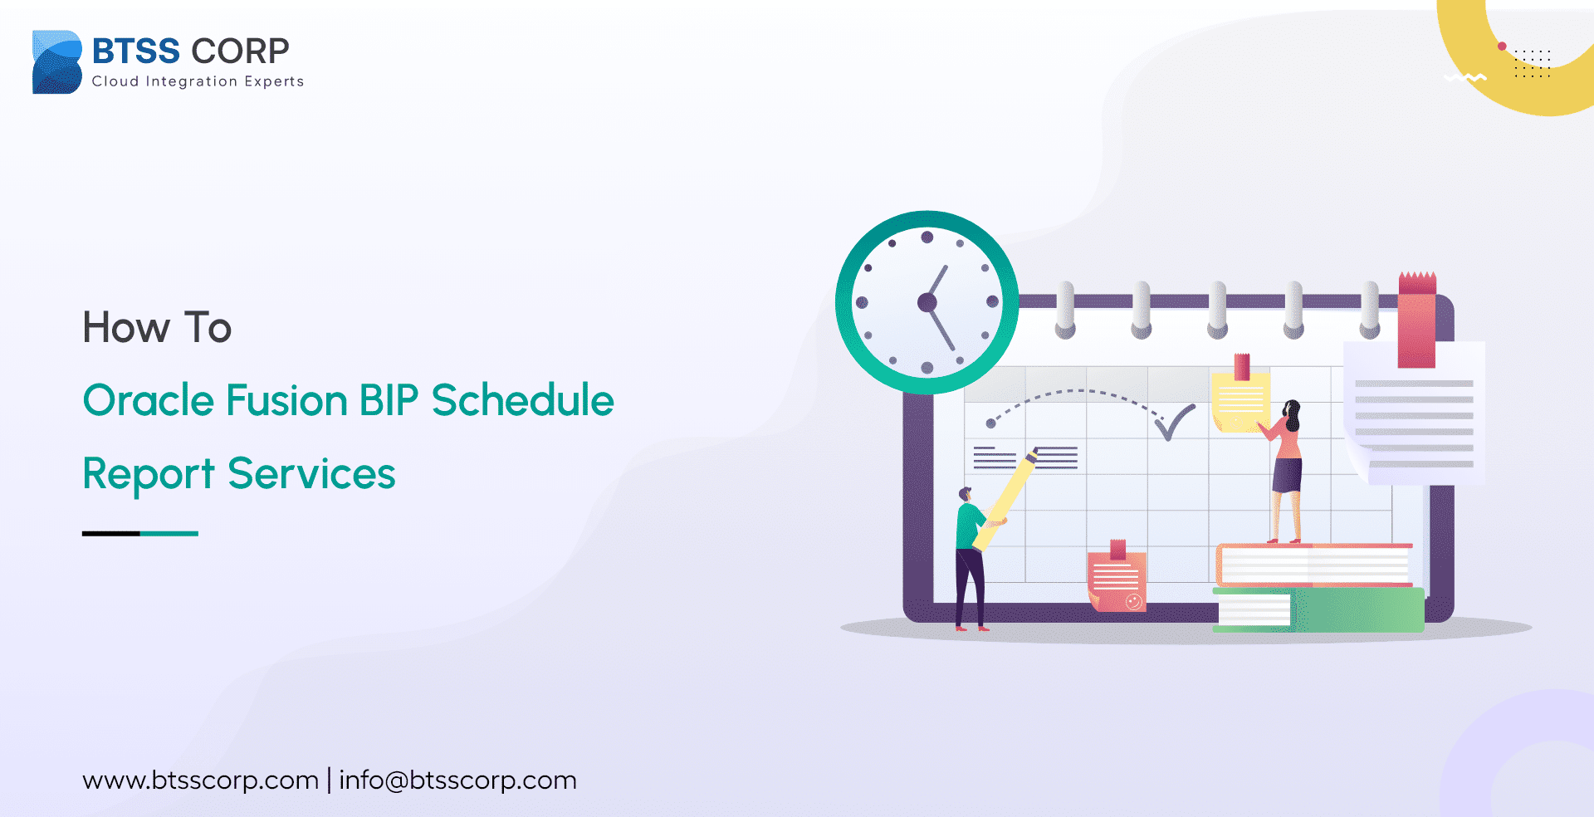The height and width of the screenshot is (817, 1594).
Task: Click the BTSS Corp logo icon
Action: (x=56, y=62)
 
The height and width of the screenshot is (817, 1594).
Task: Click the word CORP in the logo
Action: (x=240, y=51)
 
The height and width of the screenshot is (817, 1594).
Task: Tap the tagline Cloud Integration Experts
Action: (x=198, y=81)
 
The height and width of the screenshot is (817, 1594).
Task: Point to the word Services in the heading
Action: (x=311, y=474)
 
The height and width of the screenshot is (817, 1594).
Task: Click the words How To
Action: (x=157, y=327)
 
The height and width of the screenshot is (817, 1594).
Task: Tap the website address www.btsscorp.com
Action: (x=200, y=780)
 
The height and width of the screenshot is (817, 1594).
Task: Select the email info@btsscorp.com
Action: (x=457, y=780)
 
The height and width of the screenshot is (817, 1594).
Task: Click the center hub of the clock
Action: (x=927, y=303)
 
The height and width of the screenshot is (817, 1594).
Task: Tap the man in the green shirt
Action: (x=969, y=556)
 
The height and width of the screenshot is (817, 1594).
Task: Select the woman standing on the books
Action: (x=1286, y=469)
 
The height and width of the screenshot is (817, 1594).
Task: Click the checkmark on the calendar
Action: (x=1175, y=422)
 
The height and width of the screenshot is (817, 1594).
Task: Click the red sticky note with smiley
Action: (x=1117, y=581)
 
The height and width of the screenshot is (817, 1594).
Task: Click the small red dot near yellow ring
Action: (x=1502, y=46)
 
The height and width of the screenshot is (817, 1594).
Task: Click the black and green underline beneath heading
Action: (x=139, y=534)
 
